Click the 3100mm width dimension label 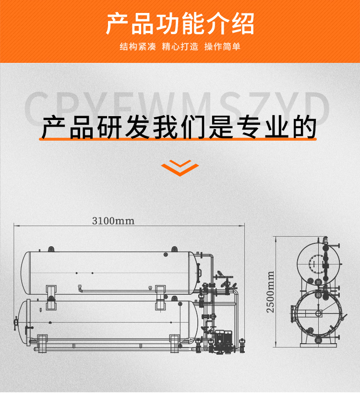click(x=113, y=221)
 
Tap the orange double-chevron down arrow click(x=180, y=168)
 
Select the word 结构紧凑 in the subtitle click(x=138, y=47)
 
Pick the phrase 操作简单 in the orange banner click(x=222, y=47)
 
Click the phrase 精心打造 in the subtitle click(x=180, y=47)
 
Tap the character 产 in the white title click(x=118, y=24)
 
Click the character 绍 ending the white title click(x=242, y=24)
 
